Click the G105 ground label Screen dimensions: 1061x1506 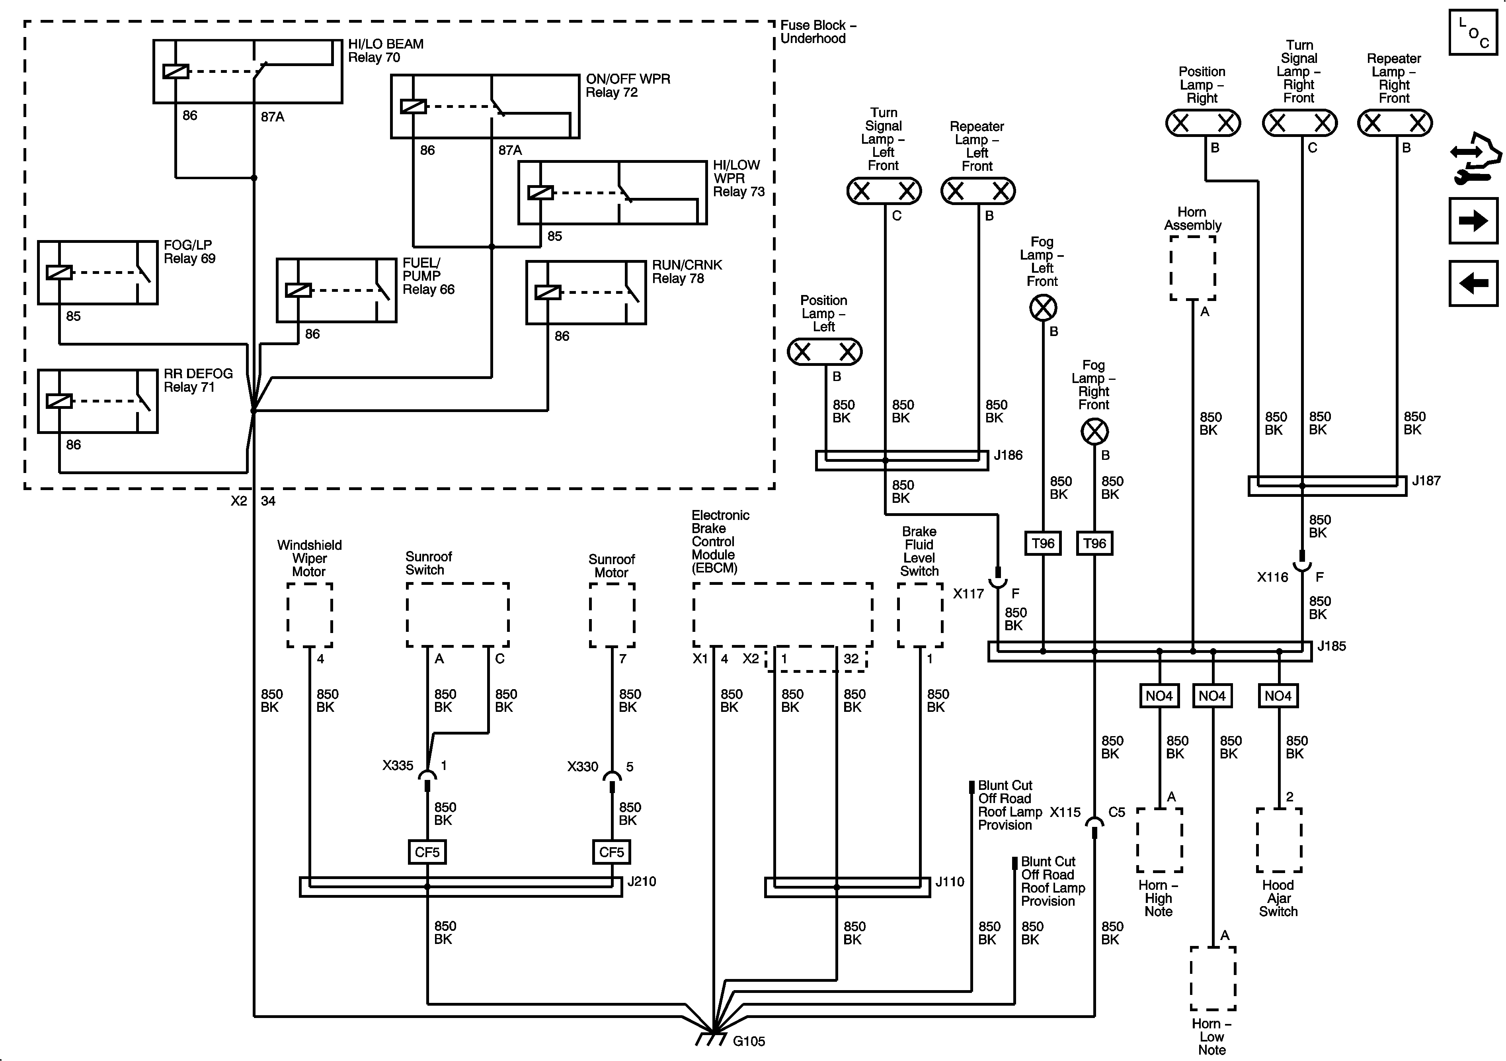(x=748, y=1041)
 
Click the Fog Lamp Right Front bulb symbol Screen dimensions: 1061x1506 (x=1094, y=432)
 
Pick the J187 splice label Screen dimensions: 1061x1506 (x=1426, y=481)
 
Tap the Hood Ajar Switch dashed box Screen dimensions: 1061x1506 (x=1279, y=840)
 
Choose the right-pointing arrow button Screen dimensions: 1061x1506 (x=1473, y=221)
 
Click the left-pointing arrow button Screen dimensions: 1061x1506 (x=1473, y=283)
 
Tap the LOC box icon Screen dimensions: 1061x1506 (x=1473, y=32)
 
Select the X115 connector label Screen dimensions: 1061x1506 (x=1065, y=812)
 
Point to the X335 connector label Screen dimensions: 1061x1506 (x=398, y=766)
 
